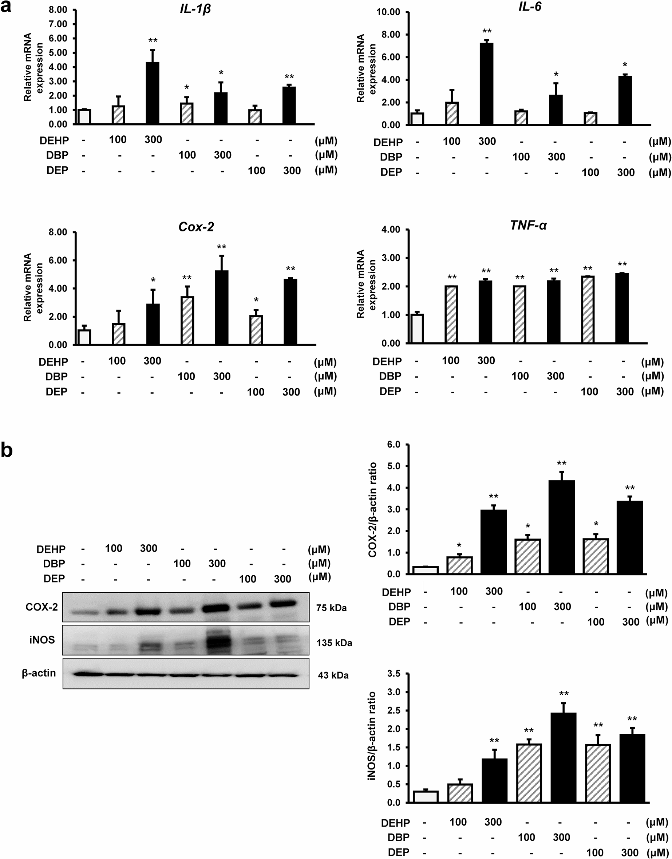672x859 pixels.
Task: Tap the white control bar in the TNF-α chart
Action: click(x=417, y=329)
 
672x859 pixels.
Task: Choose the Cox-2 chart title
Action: click(x=196, y=227)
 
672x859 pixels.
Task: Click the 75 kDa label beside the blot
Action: click(x=331, y=608)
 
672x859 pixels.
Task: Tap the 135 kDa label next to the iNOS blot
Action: click(x=334, y=643)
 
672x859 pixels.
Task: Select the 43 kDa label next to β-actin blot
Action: click(x=333, y=675)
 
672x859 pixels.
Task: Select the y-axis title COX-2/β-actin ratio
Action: click(x=372, y=510)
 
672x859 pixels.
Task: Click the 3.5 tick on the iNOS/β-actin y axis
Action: click(x=394, y=674)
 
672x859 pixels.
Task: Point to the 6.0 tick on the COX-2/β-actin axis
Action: click(x=394, y=445)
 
